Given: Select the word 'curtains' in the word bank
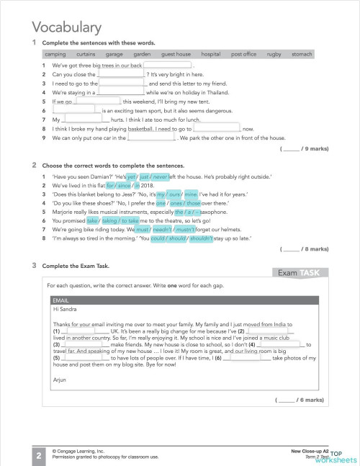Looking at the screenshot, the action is pyautogui.click(x=86, y=54).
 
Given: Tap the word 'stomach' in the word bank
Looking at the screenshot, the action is pyautogui.click(x=302, y=54).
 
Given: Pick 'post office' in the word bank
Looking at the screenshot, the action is pyautogui.click(x=243, y=54).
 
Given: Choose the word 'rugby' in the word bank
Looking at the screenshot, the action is pyautogui.click(x=274, y=54).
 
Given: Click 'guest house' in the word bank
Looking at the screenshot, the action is pyautogui.click(x=176, y=54).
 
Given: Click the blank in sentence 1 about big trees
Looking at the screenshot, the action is pyautogui.click(x=167, y=66).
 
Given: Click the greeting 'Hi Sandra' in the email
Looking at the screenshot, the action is pyautogui.click(x=65, y=310).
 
